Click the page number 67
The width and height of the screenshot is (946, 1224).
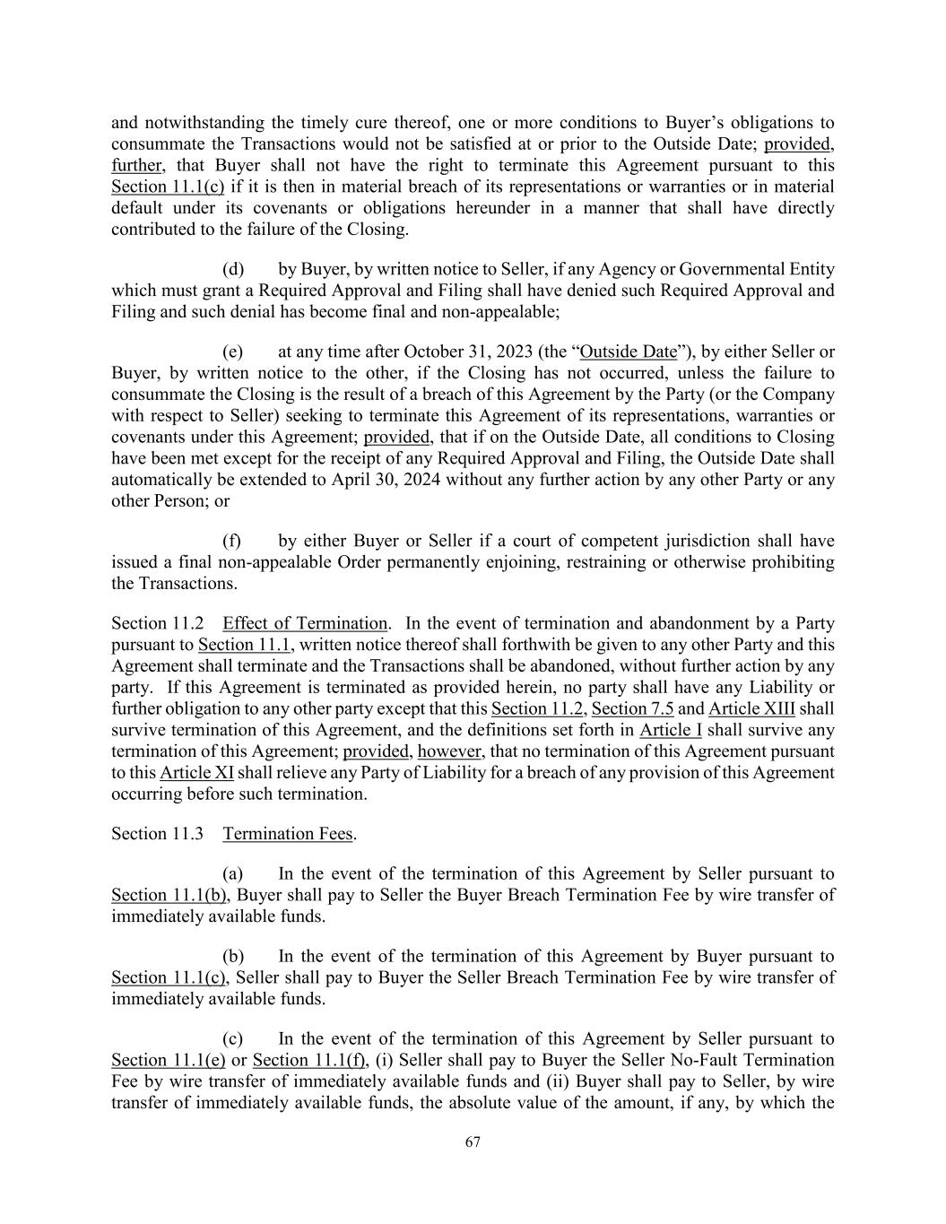473,1142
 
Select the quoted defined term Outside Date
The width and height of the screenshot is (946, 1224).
629,352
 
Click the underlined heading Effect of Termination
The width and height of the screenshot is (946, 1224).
305,624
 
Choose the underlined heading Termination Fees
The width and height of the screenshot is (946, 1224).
287,835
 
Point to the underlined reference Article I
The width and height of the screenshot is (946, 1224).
671,731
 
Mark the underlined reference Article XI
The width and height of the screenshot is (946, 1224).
196,773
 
